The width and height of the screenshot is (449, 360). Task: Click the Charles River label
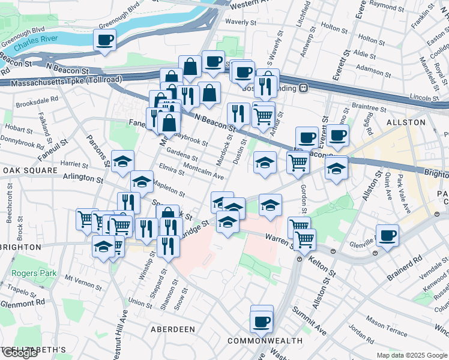(35, 44)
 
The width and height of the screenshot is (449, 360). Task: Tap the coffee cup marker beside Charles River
(104, 40)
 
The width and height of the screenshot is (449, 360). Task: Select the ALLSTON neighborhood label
(410, 122)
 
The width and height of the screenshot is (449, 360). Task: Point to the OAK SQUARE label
(25, 170)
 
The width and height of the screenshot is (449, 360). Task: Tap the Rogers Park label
(34, 274)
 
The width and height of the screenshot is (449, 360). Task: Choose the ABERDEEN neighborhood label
(173, 329)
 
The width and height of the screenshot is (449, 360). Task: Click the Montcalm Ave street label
(203, 172)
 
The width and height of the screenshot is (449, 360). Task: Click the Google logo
(20, 353)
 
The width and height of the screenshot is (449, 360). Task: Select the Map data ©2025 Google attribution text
(411, 355)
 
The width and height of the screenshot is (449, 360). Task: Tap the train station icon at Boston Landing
(304, 88)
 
